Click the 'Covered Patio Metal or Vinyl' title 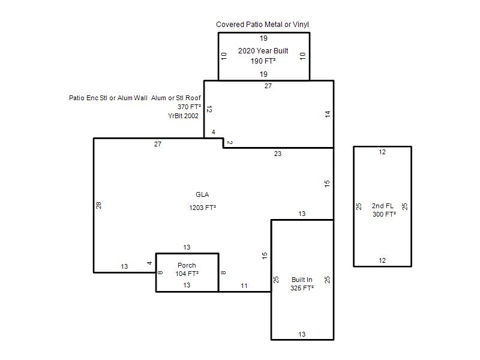[262, 25]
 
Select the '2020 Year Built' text [263, 51]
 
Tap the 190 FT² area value [263, 61]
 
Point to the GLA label [202, 194]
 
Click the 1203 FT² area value [202, 208]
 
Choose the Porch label [187, 265]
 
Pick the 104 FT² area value [187, 274]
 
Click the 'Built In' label [302, 280]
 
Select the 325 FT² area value [302, 288]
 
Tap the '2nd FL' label [383, 206]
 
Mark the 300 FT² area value [384, 214]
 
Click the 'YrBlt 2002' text [183, 116]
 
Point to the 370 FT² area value [189, 107]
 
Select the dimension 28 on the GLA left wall [98, 205]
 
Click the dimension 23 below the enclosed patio [278, 154]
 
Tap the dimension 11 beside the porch [244, 286]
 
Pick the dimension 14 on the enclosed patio [328, 114]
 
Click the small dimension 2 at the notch [230, 143]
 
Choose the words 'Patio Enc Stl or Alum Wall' [108, 98]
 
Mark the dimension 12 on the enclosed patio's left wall [209, 109]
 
